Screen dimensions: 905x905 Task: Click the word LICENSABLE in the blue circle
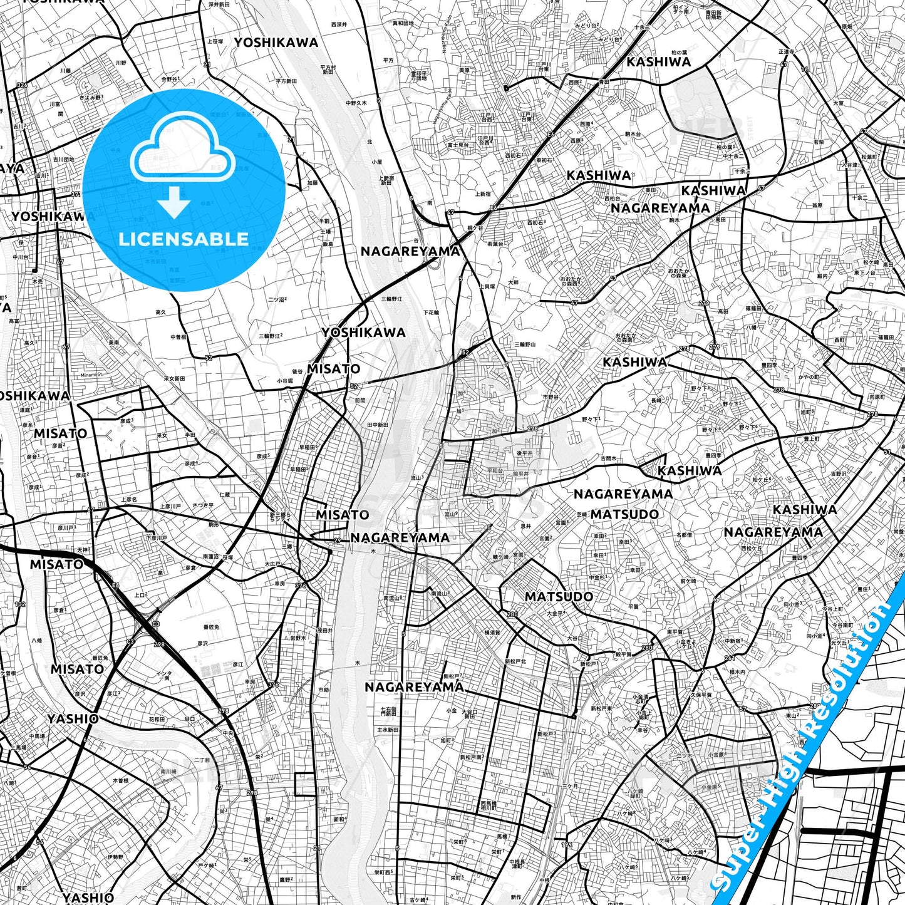[184, 239]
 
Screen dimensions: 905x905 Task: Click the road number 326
[22, 85]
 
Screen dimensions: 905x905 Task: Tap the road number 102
[20, 604]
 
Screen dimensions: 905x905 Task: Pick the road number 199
[566, 845]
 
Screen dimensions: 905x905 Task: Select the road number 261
[729, 658]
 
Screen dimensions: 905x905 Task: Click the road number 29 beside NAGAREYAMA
[338, 540]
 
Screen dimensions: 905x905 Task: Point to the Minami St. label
[91, 375]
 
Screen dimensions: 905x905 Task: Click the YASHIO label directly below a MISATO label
[73, 718]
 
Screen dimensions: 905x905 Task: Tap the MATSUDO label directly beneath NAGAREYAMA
[624, 514]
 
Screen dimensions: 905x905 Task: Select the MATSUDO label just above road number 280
[559, 596]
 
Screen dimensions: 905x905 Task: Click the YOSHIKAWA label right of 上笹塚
[276, 43]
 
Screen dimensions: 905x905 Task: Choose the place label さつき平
[203, 505]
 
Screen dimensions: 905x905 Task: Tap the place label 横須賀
[492, 633]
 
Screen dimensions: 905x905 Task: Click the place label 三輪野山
[525, 344]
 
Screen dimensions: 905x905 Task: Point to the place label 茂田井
[324, 630]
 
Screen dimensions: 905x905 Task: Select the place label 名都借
[684, 535]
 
